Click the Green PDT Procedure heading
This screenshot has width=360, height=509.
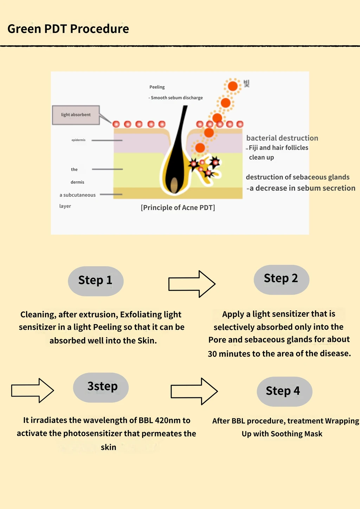pos(68,29)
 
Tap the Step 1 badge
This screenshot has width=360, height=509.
pos(96,281)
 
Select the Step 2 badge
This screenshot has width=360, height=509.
pos(282,280)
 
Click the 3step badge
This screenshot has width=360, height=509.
pos(101,387)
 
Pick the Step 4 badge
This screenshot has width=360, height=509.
pos(284,392)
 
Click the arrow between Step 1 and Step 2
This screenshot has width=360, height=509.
pos(192,284)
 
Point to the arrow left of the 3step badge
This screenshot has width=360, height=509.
pos(33,391)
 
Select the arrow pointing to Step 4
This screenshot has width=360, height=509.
pos(194,391)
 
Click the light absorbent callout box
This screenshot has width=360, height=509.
pos(76,115)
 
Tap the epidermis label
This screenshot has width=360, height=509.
pos(78,140)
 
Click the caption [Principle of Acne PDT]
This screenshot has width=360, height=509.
pos(178,208)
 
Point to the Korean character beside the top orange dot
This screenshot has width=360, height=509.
pos(247,83)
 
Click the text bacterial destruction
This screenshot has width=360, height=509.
pos(282,138)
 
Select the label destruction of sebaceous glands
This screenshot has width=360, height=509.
pos(298,177)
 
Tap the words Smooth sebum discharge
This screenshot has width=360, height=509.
pos(177,98)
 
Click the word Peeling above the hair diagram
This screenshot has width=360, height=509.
pos(157,87)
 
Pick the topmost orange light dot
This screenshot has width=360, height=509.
pos(233,86)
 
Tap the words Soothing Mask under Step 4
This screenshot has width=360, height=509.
pos(297,434)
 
